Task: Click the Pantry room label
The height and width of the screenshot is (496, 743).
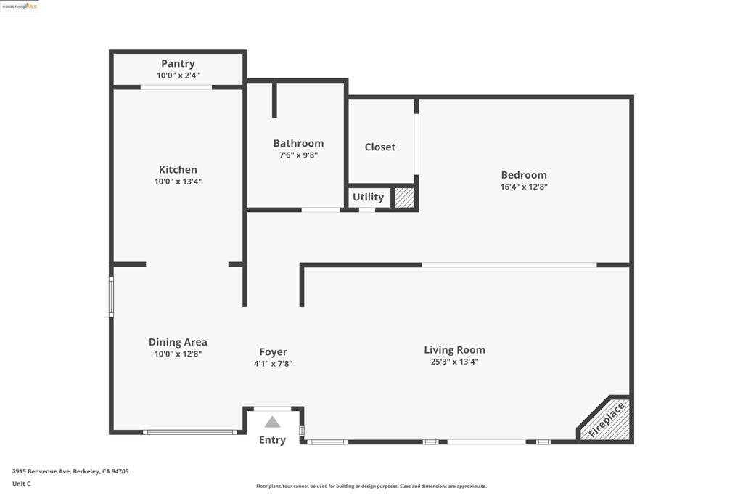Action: click(178, 64)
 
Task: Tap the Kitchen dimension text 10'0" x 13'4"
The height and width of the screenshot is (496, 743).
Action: click(178, 182)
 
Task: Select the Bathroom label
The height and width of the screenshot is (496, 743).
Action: click(298, 143)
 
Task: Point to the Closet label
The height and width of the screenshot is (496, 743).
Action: click(380, 147)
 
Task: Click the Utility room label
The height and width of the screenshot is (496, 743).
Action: click(368, 197)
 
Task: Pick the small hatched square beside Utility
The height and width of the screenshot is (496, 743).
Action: click(404, 198)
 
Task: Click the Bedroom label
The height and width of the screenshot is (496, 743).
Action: click(524, 174)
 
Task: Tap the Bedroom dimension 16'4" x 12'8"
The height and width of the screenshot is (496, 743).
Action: click(524, 187)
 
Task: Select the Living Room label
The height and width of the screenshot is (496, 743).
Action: click(454, 349)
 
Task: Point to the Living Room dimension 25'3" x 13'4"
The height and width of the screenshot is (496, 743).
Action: click(454, 362)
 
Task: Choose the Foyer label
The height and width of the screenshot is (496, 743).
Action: click(274, 351)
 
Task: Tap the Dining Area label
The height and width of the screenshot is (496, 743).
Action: click(178, 342)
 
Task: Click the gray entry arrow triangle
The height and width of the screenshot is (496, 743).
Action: click(272, 422)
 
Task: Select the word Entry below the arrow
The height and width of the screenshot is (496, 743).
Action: click(272, 439)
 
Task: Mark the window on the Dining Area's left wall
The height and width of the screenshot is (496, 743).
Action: click(111, 296)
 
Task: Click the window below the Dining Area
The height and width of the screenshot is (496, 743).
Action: click(190, 432)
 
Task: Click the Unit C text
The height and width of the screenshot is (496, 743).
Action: click(22, 484)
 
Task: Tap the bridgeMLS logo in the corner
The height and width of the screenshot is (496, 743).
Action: click(20, 6)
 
